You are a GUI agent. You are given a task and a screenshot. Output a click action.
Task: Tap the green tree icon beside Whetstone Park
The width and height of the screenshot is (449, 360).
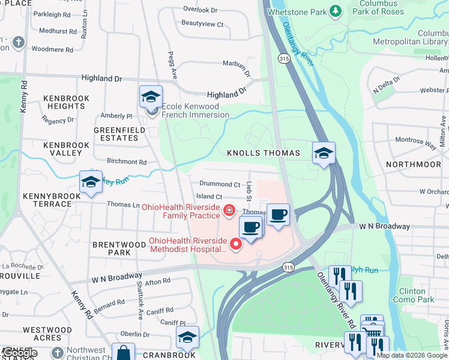coord(336,11)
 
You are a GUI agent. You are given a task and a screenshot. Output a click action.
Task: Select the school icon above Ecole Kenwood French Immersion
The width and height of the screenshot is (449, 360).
coord(151,97)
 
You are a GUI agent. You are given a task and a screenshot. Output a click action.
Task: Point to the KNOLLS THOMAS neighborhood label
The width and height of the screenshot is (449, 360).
coord(263,154)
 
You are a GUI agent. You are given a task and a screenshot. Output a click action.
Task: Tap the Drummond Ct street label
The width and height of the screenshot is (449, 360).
coord(220,185)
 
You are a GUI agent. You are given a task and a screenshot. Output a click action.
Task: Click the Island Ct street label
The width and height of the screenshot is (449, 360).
coord(209,197)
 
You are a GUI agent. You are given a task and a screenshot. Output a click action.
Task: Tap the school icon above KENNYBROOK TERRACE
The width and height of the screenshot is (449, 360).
coord(91,182)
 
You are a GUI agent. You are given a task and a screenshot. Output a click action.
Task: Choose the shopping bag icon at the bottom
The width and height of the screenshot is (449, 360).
coord(123,353)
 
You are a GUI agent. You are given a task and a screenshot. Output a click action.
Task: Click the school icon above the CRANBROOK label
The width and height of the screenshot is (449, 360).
coord(187,337)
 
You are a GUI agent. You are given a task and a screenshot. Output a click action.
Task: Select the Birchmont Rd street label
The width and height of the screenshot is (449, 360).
coord(126,162)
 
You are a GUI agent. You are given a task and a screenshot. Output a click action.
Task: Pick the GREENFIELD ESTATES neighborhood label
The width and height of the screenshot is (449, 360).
coord(116,134)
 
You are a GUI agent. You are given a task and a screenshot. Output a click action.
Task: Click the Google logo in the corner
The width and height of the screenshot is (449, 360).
coord(19,353)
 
